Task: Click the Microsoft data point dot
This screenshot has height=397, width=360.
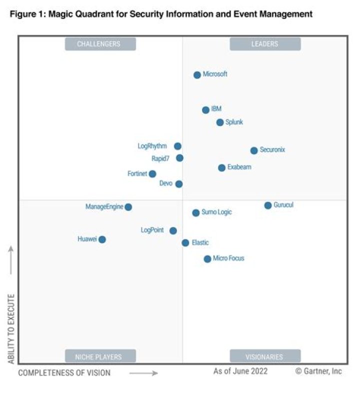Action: (197, 75)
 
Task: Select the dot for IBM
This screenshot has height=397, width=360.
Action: (205, 110)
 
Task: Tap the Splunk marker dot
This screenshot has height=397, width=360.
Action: (220, 122)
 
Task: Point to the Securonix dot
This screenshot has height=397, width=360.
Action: (254, 150)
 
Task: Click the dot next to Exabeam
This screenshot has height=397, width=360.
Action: (221, 168)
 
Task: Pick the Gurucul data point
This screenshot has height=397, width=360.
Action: (268, 205)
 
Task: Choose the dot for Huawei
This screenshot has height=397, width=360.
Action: (102, 239)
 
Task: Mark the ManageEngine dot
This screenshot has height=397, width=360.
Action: (128, 207)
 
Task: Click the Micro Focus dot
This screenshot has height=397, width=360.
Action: (207, 259)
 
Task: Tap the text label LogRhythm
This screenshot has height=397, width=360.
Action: (152, 146)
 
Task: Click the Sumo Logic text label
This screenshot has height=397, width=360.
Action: (216, 212)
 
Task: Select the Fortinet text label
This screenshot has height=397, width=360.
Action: (137, 174)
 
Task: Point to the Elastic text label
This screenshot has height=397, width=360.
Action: (200, 243)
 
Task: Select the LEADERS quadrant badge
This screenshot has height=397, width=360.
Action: (265, 44)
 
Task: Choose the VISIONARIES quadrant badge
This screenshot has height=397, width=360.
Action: (265, 357)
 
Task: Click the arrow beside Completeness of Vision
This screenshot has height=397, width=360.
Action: (143, 373)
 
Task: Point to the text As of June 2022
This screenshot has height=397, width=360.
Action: (240, 371)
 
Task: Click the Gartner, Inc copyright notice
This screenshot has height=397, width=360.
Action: (318, 371)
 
